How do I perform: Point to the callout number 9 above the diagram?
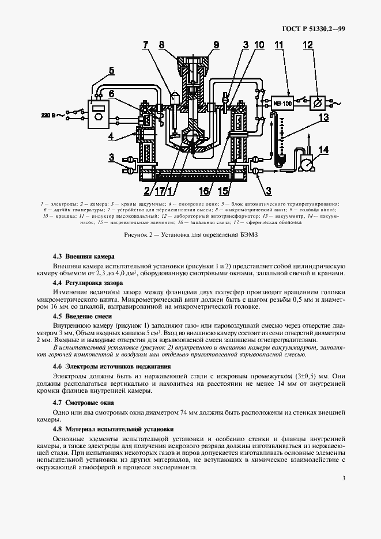pos(216,44)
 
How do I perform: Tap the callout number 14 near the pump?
pos(323,150)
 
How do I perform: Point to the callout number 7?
pos(146,44)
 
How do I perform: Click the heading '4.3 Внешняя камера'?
pos(84,256)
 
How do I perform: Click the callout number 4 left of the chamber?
pos(112,136)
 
